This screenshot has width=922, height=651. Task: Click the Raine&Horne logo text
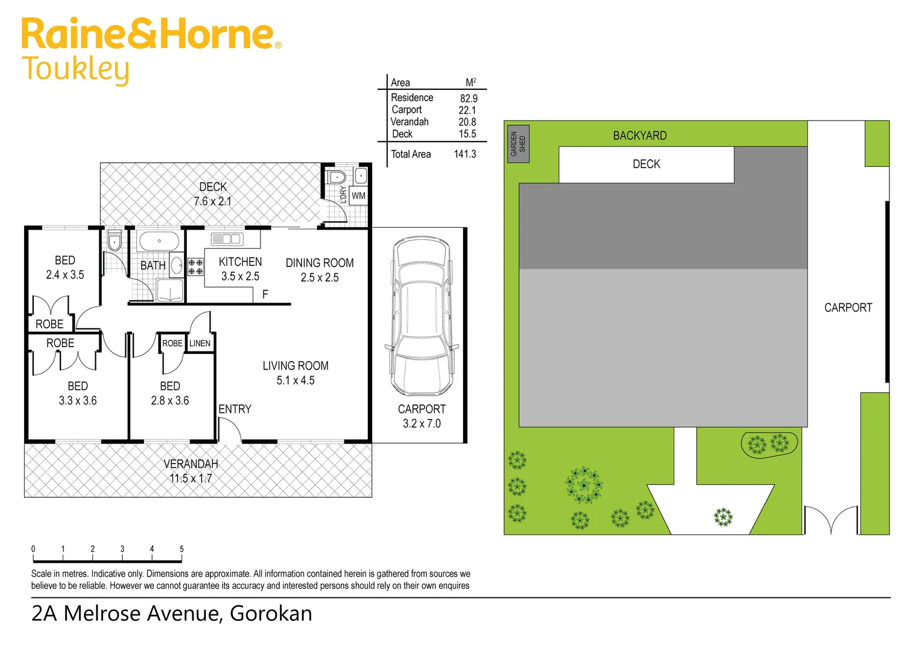click(x=151, y=34)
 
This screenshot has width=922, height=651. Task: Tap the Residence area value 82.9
click(x=469, y=98)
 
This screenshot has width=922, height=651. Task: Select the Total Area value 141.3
click(x=464, y=154)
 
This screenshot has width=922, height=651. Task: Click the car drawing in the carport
click(x=422, y=315)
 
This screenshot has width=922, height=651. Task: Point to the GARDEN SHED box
click(x=518, y=144)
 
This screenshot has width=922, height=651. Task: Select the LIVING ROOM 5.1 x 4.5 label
click(x=295, y=373)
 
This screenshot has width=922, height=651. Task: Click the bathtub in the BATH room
click(x=159, y=242)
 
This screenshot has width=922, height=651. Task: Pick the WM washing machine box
click(x=358, y=196)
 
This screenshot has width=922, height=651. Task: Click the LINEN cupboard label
click(x=200, y=344)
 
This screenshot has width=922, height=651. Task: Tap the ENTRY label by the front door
click(x=235, y=409)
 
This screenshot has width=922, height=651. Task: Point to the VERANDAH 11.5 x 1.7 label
click(x=191, y=471)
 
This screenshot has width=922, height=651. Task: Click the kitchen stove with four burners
click(x=195, y=267)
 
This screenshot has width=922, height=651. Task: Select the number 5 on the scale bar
click(x=182, y=549)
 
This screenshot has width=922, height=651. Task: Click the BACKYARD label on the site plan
click(x=640, y=136)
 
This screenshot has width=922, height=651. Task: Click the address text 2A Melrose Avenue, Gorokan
click(x=172, y=614)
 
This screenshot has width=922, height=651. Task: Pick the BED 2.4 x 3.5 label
click(x=65, y=268)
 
